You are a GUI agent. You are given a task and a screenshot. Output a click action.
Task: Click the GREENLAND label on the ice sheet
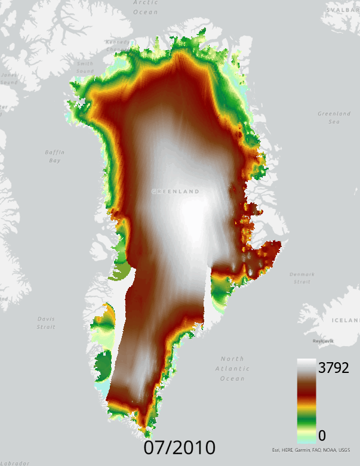point(175,192)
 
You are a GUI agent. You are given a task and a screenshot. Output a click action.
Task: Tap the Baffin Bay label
point(54,156)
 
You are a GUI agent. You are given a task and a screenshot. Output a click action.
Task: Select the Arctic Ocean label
point(146,8)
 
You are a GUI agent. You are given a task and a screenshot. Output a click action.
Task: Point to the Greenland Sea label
point(334,117)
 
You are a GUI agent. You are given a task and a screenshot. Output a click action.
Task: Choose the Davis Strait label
point(46,323)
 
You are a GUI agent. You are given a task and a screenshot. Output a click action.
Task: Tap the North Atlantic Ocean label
point(232,368)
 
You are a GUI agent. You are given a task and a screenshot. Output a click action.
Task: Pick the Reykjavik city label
point(322,341)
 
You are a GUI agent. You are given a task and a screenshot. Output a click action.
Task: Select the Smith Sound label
point(85,67)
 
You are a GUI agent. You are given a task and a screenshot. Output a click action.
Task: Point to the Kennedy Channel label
point(117,46)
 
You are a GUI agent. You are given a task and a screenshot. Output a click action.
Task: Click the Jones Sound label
point(8,79)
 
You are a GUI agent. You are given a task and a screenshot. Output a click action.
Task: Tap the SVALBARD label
point(347,10)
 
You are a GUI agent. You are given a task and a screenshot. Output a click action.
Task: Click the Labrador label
point(14,463)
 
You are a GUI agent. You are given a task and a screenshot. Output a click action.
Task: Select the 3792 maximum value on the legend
point(333,368)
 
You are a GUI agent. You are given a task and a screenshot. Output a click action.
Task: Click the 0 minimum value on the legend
point(322,435)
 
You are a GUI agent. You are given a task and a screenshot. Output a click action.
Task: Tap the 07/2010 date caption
point(179,448)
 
